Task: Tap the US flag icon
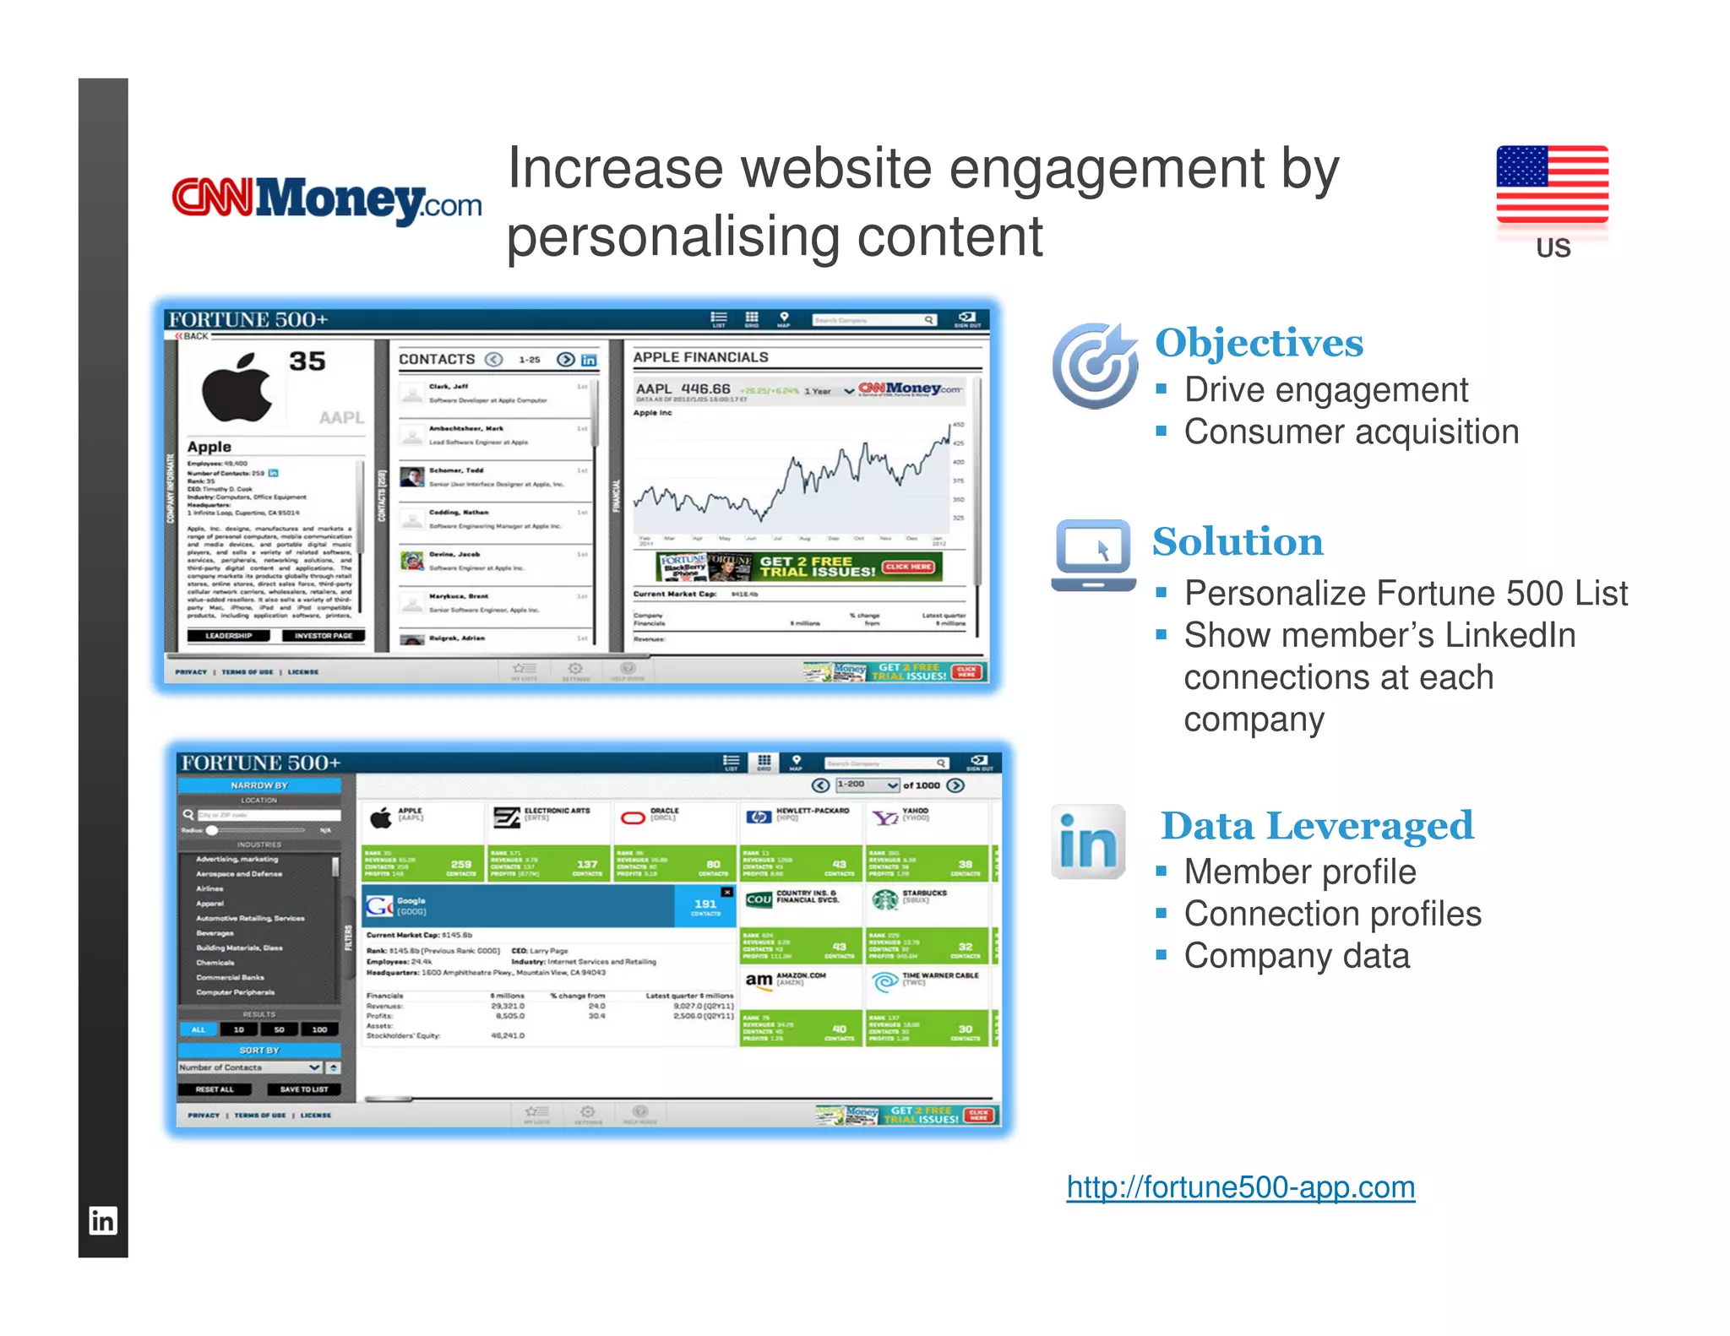[x=1552, y=184]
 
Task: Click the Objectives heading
[x=1259, y=343]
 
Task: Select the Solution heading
[x=1238, y=542]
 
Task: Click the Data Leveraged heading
[x=1317, y=826]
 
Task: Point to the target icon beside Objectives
[x=1096, y=365]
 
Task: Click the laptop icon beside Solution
[x=1093, y=554]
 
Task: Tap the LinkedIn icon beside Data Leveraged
[x=1088, y=842]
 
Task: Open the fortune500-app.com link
[x=1240, y=1187]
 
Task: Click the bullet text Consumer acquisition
[x=1351, y=432]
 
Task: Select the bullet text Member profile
[x=1299, y=872]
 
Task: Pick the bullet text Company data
[x=1296, y=956]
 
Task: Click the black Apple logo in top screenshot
[x=237, y=388]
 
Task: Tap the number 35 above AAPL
[x=307, y=361]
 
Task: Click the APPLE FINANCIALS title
[x=700, y=357]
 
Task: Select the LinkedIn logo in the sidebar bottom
[x=103, y=1220]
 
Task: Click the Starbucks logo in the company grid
[x=884, y=899]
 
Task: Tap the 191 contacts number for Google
[x=705, y=904]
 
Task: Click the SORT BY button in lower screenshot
[x=258, y=1050]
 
